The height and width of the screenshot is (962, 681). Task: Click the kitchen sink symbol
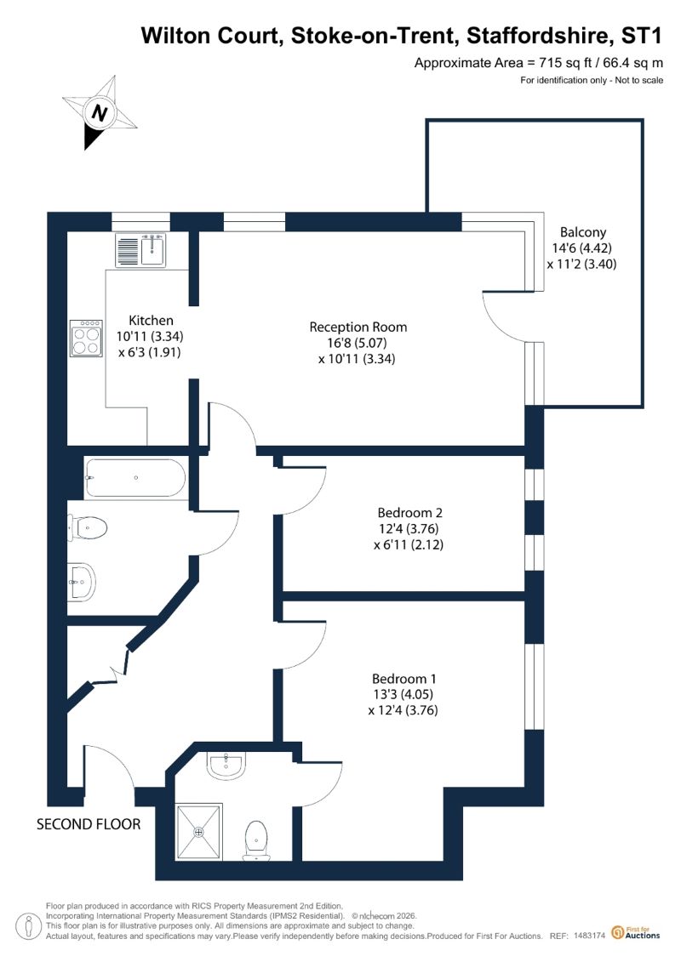point(140,250)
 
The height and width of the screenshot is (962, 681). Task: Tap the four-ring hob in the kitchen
point(86,338)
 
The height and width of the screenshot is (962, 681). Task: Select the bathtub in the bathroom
point(135,478)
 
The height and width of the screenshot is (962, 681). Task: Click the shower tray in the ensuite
point(199,832)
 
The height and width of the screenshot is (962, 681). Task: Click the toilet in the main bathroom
point(87,527)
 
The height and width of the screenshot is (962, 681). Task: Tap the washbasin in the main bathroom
point(81,580)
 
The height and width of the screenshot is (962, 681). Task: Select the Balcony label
point(583,232)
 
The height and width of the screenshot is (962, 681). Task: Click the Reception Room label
point(358,327)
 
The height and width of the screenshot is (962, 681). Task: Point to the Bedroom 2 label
point(409,512)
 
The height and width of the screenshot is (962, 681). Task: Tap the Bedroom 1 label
point(404,679)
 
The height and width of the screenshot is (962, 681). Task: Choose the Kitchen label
point(151,321)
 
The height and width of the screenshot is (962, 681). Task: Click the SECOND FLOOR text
point(89,824)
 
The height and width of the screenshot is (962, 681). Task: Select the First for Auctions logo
point(636,933)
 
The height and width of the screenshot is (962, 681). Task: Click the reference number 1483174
point(590,936)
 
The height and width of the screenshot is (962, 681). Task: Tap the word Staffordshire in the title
point(539,36)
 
